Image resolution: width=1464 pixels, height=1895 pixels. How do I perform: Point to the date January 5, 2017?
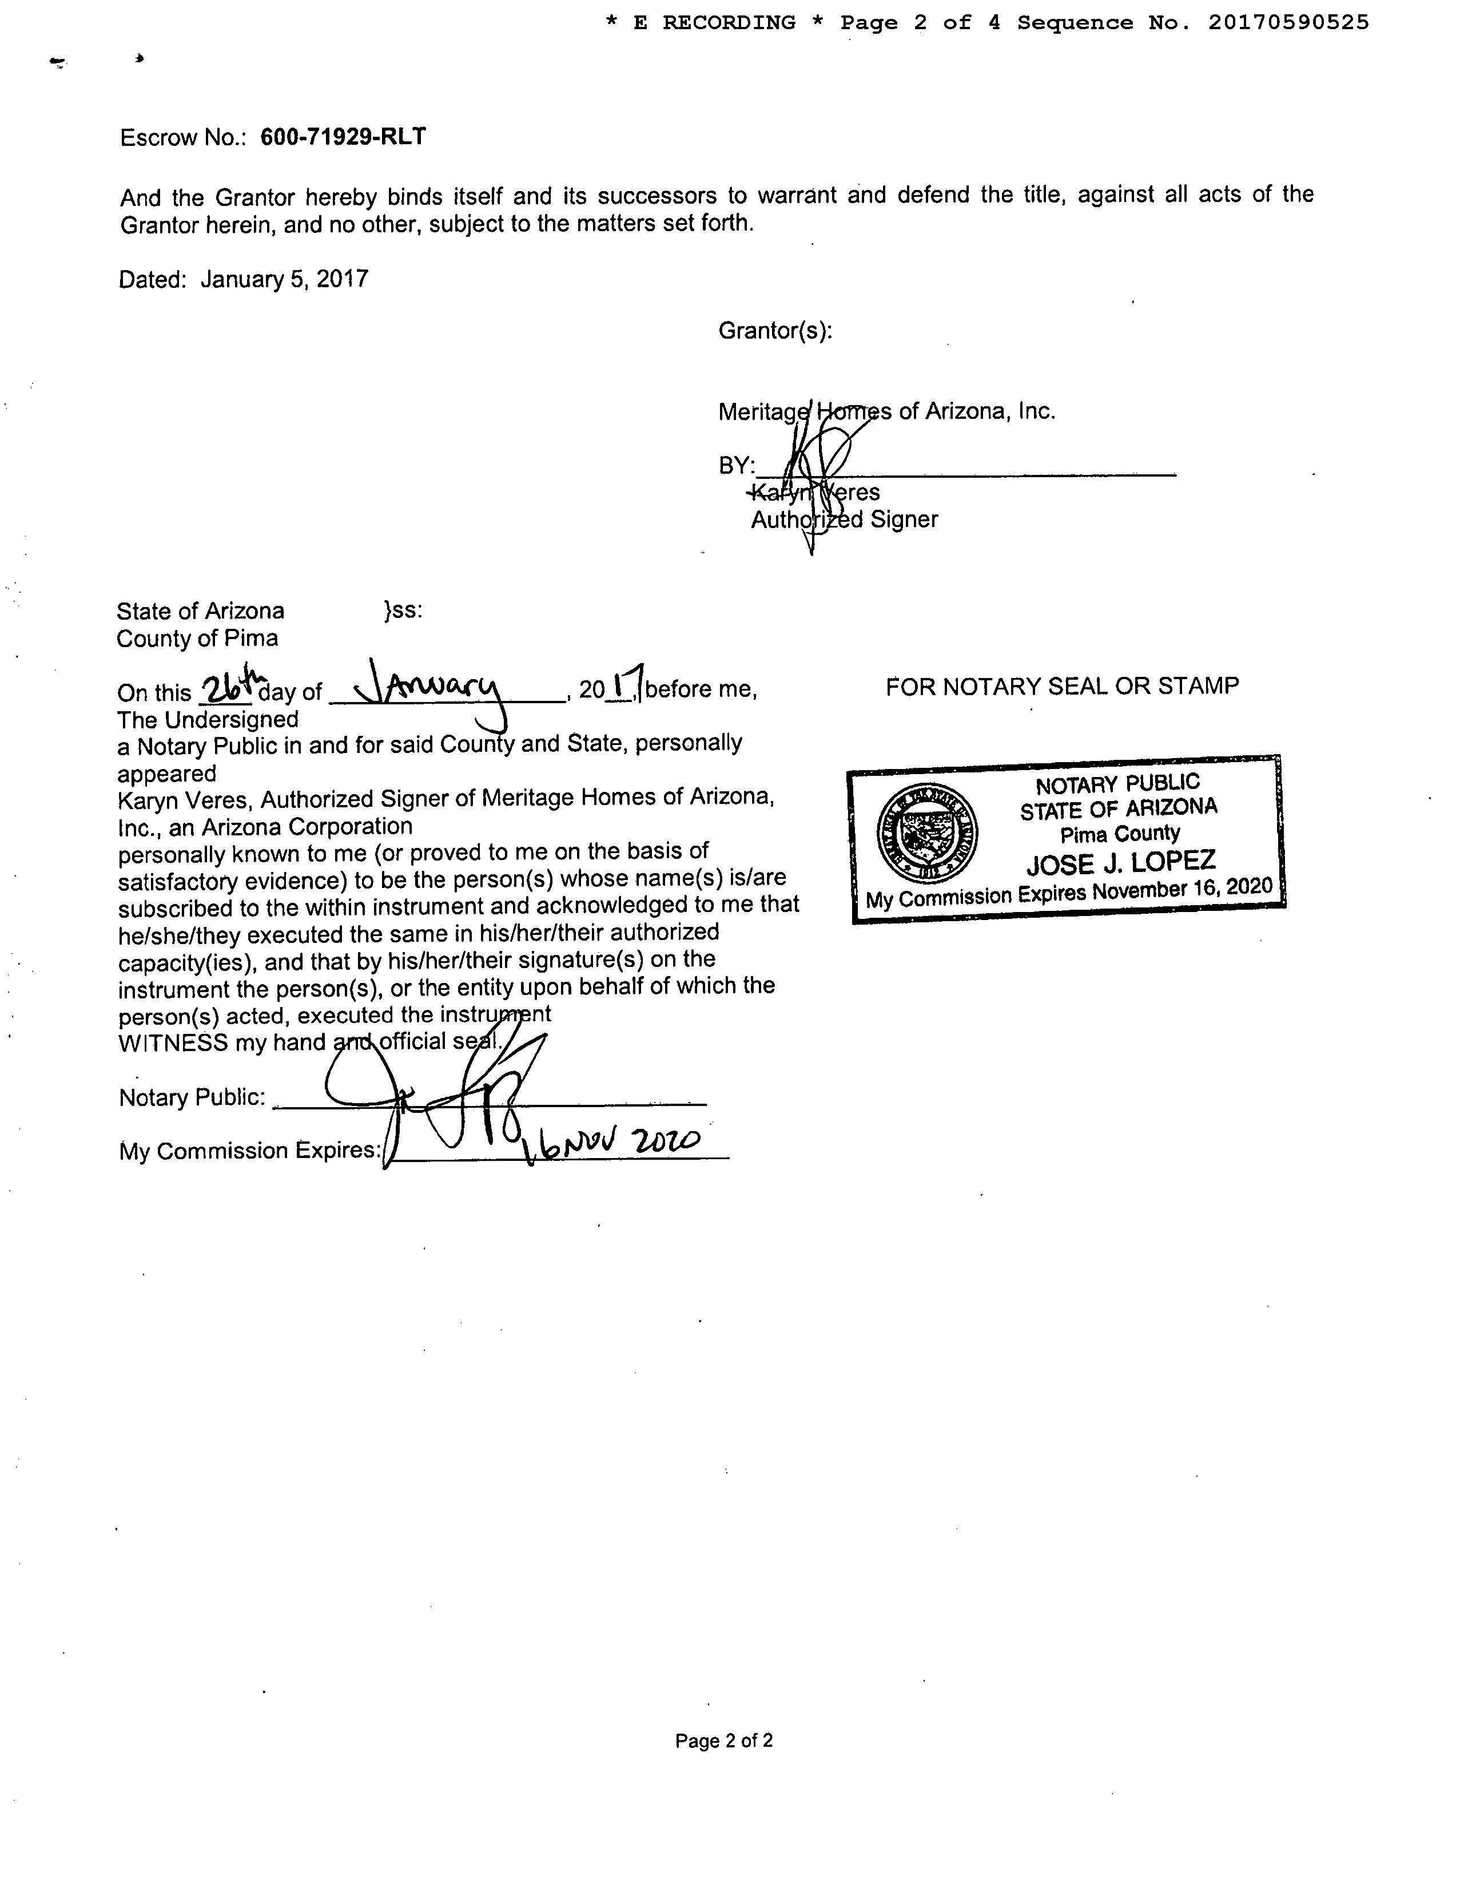284,279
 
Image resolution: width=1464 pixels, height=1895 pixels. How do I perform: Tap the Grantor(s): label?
774,331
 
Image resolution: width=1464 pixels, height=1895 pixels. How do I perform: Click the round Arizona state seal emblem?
927,834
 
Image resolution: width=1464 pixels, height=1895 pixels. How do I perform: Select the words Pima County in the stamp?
1120,835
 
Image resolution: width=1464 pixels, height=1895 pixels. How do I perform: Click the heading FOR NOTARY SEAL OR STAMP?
1061,687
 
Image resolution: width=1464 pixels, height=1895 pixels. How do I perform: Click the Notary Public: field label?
192,1097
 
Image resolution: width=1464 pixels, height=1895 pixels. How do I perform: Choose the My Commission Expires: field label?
250,1151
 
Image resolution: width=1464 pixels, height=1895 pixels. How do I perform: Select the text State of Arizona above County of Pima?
200,611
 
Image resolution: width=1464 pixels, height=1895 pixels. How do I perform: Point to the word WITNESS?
173,1043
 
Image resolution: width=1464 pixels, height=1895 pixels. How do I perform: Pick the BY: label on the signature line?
737,466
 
